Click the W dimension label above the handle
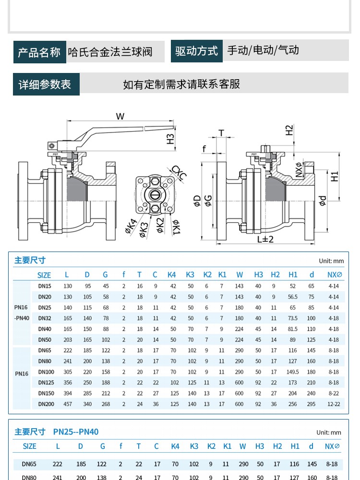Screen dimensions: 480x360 (120, 116)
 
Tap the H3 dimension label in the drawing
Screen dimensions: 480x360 (170, 138)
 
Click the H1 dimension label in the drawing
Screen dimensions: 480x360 (335, 176)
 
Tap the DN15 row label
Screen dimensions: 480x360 (45, 286)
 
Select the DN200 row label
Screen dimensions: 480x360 (46, 404)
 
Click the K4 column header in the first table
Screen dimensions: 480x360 (172, 275)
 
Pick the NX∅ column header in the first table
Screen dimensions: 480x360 (334, 275)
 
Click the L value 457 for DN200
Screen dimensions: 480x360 (68, 404)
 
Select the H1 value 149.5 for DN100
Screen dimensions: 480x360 (293, 372)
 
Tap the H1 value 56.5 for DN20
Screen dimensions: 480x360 (293, 297)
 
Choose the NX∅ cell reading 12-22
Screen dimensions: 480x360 (334, 404)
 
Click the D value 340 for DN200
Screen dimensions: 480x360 (87, 404)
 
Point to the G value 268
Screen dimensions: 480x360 (106, 404)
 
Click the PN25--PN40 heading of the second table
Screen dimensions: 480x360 (76, 432)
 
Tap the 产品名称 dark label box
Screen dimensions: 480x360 (39, 52)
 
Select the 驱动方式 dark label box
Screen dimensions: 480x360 (196, 51)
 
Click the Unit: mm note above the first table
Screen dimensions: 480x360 (331, 261)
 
